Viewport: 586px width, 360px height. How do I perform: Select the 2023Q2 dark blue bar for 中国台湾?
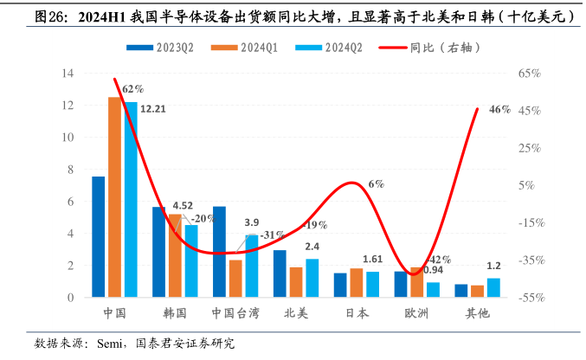pos(220,252)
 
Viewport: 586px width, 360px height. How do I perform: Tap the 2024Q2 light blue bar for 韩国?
pos(190,260)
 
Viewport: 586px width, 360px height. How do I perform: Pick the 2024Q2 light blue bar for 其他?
pos(493,287)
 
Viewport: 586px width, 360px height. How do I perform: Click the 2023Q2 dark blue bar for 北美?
pos(280,273)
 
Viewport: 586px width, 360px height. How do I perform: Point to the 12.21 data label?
pos(152,109)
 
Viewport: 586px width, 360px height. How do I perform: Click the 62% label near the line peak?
pos(133,88)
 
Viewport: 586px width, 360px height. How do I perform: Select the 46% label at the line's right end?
pos(499,110)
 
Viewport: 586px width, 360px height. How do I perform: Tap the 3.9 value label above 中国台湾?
pos(252,222)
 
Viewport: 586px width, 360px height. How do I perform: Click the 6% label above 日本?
pos(376,184)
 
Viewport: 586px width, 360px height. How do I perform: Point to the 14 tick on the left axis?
pos(67,74)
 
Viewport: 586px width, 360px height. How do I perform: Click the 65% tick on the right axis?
pos(530,74)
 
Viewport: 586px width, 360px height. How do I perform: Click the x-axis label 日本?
pos(357,313)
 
